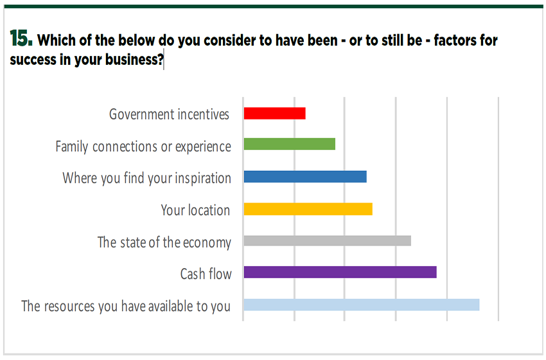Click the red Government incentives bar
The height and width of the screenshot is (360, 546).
tap(274, 114)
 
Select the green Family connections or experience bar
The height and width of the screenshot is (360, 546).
tap(289, 145)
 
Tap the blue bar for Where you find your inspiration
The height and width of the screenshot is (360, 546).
tap(304, 177)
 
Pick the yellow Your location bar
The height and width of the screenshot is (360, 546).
tap(308, 209)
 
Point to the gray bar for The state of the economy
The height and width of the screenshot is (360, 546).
tap(327, 241)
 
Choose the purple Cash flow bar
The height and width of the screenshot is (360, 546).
tap(340, 273)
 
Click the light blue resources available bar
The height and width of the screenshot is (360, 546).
tap(361, 305)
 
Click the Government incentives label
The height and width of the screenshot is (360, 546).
tap(169, 114)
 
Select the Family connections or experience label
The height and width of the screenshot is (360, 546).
tap(143, 147)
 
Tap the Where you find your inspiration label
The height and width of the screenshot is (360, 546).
tap(146, 178)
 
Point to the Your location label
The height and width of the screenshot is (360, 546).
tap(195, 210)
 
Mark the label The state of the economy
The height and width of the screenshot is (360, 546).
tap(164, 242)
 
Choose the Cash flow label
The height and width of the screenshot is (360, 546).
tap(206, 274)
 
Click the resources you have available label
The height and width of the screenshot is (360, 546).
tap(125, 306)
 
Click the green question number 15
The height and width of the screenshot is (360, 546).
tap(21, 39)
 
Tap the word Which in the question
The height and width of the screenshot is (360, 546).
tap(56, 40)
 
